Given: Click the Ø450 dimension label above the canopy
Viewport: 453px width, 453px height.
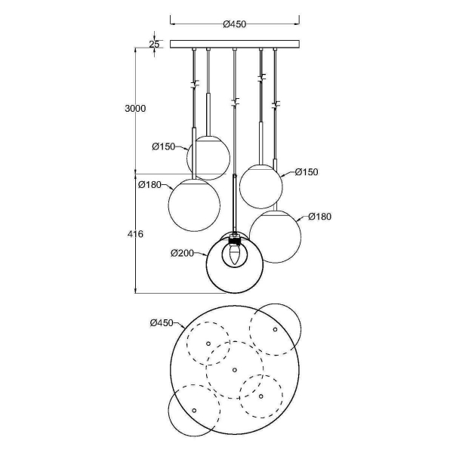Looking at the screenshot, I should tap(235, 23).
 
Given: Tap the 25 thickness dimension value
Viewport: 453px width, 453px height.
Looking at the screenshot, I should tap(154, 44).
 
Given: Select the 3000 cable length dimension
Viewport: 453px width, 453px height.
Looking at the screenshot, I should tap(134, 109).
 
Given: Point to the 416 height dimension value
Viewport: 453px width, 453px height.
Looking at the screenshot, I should tap(135, 235).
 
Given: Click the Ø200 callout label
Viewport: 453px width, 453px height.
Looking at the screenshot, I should tap(183, 252).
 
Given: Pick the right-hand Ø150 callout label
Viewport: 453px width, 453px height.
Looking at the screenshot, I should tap(306, 172).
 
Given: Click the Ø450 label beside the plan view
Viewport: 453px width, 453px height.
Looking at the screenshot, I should tap(164, 323).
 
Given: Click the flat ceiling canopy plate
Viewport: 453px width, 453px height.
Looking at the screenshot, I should tap(235, 44).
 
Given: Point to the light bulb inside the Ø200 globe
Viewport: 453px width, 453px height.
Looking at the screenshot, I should tap(234, 255).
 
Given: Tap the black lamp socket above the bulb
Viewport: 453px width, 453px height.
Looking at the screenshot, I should tap(235, 242).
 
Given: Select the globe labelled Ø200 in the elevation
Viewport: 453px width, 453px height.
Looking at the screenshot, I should tap(235, 266).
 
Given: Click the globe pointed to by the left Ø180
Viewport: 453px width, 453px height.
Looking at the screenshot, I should tap(194, 202).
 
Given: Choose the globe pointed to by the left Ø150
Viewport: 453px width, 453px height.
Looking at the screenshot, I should tap(208, 158).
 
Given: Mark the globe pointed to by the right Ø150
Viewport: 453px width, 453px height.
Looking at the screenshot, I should tap(260, 185).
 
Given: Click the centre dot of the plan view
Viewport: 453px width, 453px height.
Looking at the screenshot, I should tap(235, 369).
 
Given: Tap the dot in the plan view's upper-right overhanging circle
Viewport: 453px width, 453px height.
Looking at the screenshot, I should tap(275, 330).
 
